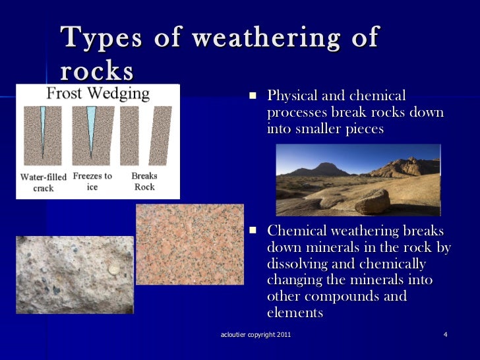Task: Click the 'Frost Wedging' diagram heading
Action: (98, 94)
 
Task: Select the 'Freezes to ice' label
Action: (92, 181)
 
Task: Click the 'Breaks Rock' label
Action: (144, 181)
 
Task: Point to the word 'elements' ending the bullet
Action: (295, 313)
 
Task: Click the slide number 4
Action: (446, 336)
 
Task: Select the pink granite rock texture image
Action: (189, 244)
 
